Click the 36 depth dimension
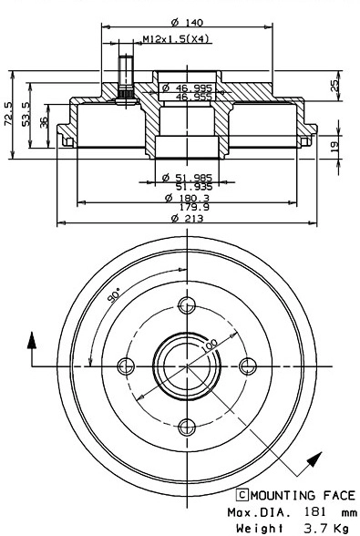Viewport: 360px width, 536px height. [46, 124]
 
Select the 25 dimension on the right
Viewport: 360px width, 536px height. [334, 85]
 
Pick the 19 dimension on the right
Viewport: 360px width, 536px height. [334, 145]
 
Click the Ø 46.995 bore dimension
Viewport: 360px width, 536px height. [188, 88]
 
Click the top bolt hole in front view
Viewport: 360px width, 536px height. [187, 304]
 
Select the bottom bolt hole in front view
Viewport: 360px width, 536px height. [187, 426]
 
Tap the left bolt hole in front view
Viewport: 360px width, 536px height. [127, 366]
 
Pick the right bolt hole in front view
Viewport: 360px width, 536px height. [248, 366]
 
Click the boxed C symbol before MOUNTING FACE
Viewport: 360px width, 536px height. [242, 496]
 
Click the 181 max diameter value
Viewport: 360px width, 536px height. [313, 512]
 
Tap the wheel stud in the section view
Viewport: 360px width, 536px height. [125, 86]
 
